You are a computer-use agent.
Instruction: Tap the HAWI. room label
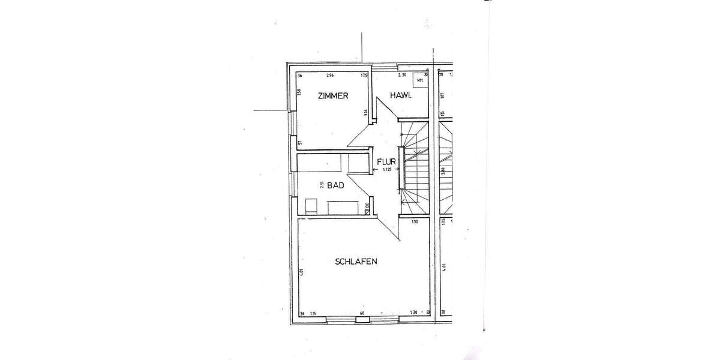[x=400, y=95]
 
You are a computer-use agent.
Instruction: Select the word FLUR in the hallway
[x=385, y=161]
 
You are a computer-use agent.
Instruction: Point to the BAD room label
[x=335, y=186]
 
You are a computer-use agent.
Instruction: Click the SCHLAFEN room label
[x=356, y=261]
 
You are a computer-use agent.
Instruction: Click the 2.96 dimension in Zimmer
[x=329, y=76]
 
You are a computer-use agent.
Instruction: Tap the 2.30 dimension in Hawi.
[x=403, y=76]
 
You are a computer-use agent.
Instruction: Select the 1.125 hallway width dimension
[x=387, y=170]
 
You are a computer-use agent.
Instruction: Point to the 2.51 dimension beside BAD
[x=322, y=185]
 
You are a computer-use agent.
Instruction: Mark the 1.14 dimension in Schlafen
[x=313, y=313]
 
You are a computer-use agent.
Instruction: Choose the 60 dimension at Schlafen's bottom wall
[x=362, y=313]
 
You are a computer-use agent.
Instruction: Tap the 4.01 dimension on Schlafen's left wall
[x=301, y=273]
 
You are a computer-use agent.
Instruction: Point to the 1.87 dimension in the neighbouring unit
[x=442, y=95]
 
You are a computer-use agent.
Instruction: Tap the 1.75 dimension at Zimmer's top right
[x=364, y=76]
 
